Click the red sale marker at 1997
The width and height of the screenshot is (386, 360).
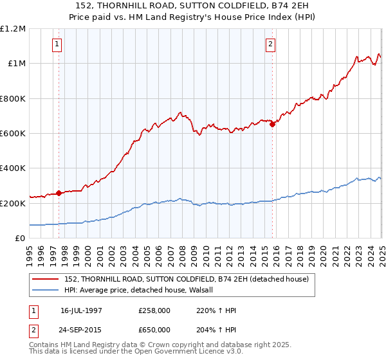click(x=59, y=193)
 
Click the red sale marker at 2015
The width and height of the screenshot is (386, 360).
click(x=272, y=125)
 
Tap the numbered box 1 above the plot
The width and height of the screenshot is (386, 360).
click(x=57, y=44)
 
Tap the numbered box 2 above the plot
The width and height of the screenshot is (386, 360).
click(x=270, y=44)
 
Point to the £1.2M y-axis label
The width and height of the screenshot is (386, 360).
click(x=13, y=29)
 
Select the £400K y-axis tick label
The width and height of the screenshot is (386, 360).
click(x=13, y=168)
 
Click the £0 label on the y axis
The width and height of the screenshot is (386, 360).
click(x=20, y=239)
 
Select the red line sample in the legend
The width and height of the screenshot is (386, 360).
click(x=46, y=279)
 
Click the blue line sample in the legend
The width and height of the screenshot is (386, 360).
click(x=46, y=290)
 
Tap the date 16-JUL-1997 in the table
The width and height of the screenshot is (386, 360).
click(x=82, y=310)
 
